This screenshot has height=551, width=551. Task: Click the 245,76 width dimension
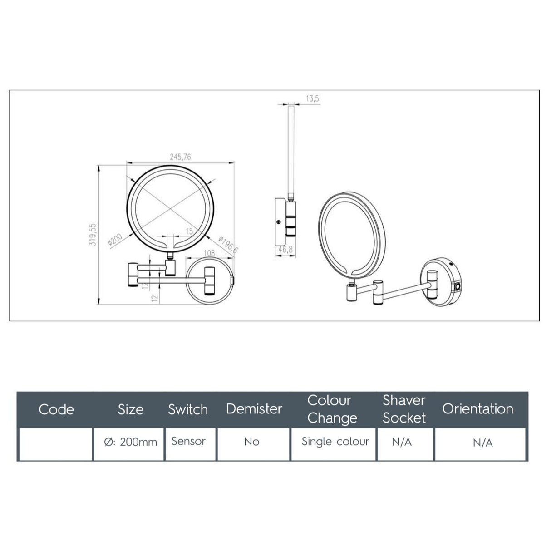coord(180,157)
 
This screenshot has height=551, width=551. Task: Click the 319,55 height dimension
coord(93,234)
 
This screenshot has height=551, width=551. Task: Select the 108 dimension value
coord(209,254)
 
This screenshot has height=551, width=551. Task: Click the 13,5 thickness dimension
coord(312,98)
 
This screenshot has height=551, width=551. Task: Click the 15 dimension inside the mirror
coord(189,231)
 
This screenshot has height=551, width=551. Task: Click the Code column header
coord(56,409)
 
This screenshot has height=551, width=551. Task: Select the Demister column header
coord(254,409)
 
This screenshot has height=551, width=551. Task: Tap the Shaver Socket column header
coord(404,409)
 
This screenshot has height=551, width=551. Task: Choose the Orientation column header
coord(477,409)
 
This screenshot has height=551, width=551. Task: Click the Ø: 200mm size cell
coord(130,442)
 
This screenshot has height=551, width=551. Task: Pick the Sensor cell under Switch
coord(188,441)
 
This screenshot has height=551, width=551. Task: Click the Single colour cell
coord(335,442)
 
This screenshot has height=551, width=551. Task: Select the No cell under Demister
coord(251,442)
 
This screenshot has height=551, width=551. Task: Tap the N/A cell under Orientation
coord(482,443)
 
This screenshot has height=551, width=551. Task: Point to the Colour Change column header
coord(332,409)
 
